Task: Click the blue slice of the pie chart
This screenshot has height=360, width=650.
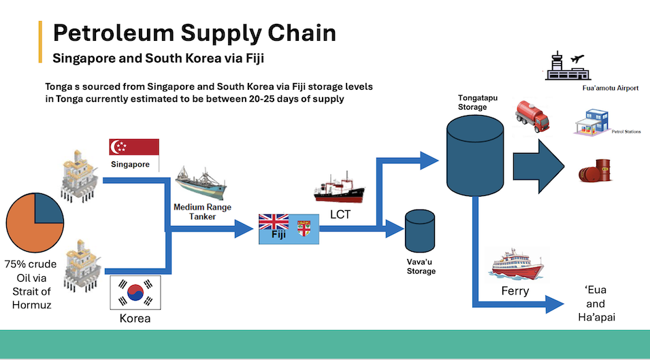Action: click(x=50, y=208)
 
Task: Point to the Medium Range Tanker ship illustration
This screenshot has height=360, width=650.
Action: click(x=199, y=183)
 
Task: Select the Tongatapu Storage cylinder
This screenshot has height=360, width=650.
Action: click(x=474, y=153)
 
